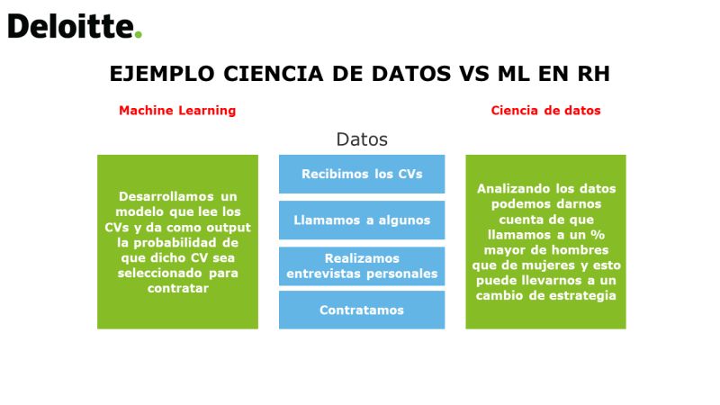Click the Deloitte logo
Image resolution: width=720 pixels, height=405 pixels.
pyautogui.click(x=75, y=26)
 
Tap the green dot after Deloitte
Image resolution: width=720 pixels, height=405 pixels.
pyautogui.click(x=139, y=34)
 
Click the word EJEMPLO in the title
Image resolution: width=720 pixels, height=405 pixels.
pyautogui.click(x=162, y=74)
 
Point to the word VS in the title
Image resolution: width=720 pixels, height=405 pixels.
pyautogui.click(x=474, y=74)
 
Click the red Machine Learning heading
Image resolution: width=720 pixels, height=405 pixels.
pyautogui.click(x=177, y=111)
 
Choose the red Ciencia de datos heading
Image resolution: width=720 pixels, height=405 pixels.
pyautogui.click(x=545, y=111)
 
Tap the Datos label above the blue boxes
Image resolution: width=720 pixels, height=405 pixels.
pyautogui.click(x=362, y=139)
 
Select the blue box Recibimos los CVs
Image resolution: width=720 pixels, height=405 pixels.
pyautogui.click(x=362, y=174)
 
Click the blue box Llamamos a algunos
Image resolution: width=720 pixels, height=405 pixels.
pyautogui.click(x=362, y=220)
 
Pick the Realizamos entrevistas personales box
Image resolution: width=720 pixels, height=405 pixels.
pyautogui.click(x=362, y=266)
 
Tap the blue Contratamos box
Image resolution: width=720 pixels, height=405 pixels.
pyautogui.click(x=362, y=310)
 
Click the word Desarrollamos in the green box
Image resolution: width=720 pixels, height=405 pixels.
pyautogui.click(x=166, y=196)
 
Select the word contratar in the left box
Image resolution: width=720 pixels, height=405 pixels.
pyautogui.click(x=177, y=288)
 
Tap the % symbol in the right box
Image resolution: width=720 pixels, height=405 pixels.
pyautogui.click(x=598, y=235)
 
